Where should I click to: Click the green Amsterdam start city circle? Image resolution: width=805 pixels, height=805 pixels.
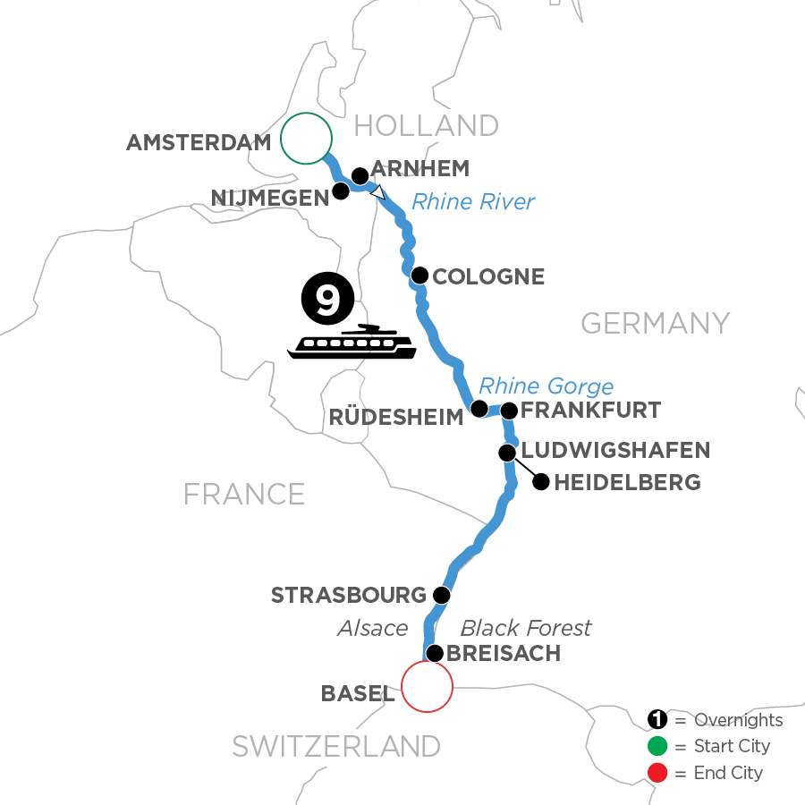[306, 138]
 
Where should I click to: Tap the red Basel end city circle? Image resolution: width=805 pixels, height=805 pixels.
[427, 687]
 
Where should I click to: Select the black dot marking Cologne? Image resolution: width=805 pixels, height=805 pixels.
[419, 275]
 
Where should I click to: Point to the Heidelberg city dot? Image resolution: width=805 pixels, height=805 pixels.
[540, 483]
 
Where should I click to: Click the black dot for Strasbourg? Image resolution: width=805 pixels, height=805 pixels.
[440, 594]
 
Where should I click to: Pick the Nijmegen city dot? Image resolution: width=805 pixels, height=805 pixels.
[341, 191]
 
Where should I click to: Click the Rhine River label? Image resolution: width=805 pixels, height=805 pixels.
[472, 202]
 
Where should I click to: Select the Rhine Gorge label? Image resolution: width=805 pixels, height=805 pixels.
[546, 386]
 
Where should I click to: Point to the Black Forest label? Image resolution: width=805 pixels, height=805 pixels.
[526, 628]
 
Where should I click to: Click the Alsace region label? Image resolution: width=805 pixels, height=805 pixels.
[372, 628]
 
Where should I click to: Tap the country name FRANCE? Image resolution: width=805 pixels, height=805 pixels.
[244, 494]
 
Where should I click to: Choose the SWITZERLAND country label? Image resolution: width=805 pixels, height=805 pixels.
[336, 746]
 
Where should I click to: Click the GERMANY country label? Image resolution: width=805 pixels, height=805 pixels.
[656, 322]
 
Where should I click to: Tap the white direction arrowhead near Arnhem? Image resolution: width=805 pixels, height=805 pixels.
[378, 191]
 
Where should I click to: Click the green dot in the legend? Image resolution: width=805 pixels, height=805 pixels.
[657, 746]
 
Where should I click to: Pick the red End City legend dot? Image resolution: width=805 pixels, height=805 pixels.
[657, 772]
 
